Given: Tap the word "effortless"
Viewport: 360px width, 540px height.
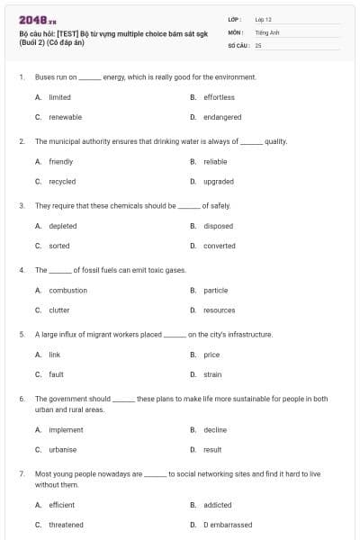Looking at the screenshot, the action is pos(219,97).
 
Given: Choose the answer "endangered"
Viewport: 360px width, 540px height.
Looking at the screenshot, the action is pos(222,117).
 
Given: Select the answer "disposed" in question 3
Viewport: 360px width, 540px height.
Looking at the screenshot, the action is pos(218,226).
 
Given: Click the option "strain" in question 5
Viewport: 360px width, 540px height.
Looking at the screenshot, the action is pos(212,373).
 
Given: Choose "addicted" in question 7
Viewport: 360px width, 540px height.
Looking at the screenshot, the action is pos(217,505).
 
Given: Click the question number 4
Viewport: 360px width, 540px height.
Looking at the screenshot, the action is pos(21,270).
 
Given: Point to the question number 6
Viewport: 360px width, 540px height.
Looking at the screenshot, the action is pos(21,398).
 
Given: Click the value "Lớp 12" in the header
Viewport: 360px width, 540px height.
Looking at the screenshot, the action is pos(263,19).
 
